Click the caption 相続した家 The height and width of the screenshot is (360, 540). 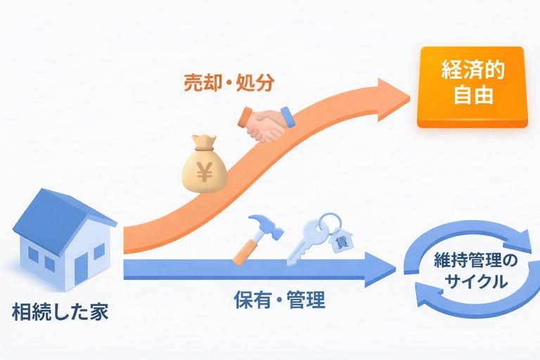60,312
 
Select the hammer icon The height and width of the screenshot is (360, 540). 252,238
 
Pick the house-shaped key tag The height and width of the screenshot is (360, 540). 342,240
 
